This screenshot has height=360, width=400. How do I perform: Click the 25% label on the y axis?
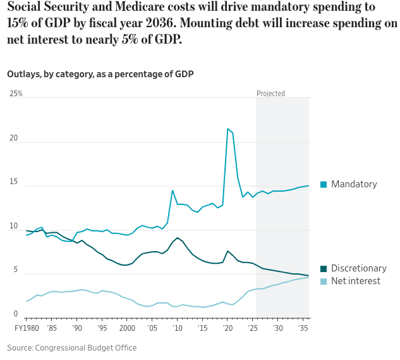[15, 94]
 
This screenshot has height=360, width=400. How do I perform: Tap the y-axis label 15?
[12, 184]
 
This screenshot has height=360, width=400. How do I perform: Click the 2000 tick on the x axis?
[127, 328]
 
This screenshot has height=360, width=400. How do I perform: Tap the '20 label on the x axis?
[227, 328]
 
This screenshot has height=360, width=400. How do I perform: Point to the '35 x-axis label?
[303, 328]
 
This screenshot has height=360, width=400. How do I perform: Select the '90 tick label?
[77, 328]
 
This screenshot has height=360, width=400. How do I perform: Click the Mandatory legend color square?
[324, 184]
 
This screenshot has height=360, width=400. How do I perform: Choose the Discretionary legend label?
[358, 268]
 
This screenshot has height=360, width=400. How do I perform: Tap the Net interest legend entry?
[356, 280]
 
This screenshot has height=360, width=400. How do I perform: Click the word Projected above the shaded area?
[270, 94]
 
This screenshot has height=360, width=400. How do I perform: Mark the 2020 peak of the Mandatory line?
[227, 129]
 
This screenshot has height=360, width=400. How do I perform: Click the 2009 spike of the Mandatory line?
[173, 190]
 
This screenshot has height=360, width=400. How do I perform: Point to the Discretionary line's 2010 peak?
[178, 238]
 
